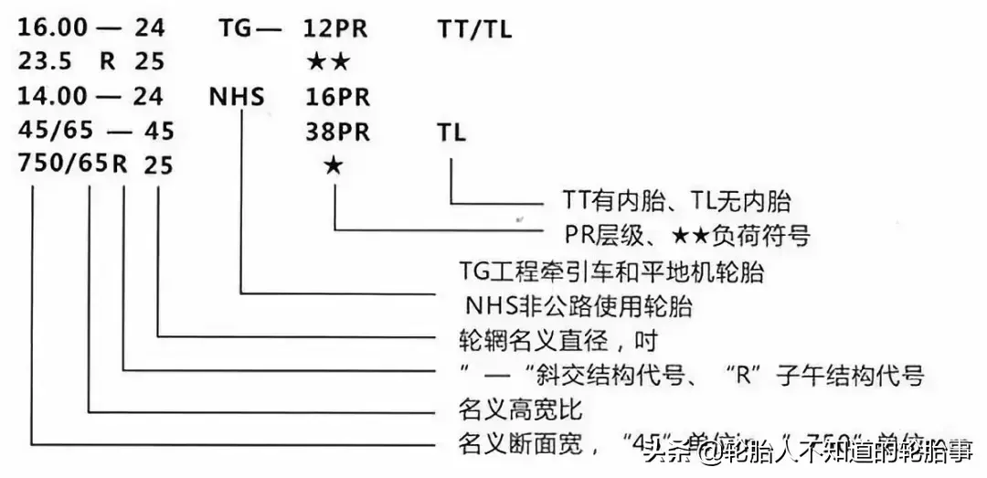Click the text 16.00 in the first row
tap(50, 28)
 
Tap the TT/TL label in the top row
tap(474, 28)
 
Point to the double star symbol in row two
tap(328, 62)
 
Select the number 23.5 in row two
tap(45, 63)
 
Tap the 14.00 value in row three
tap(50, 97)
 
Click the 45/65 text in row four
tap(50, 132)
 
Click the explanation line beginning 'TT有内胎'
tap(675, 201)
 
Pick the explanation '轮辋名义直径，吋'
tap(557, 339)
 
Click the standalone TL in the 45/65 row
tap(451, 132)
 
